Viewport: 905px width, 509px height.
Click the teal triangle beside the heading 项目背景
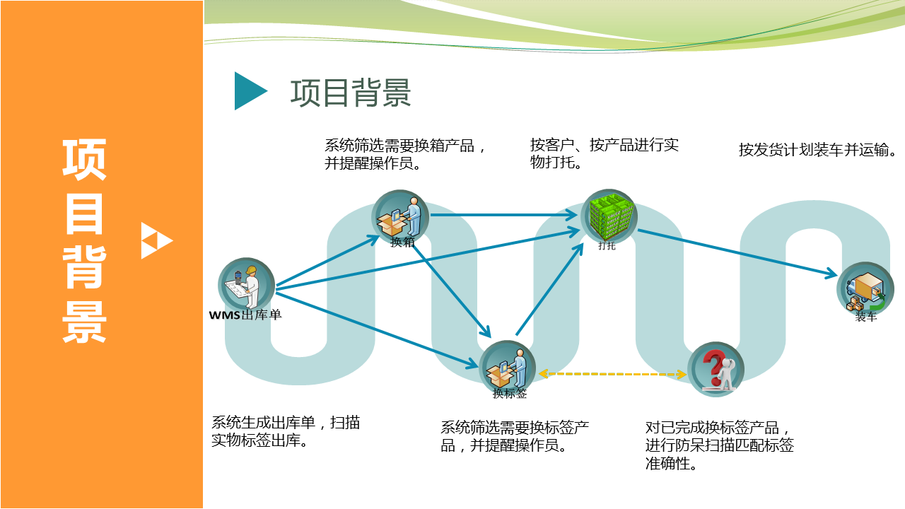coord(247,91)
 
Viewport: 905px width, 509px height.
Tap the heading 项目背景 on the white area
coord(351,93)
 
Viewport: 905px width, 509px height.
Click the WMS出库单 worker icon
coord(247,286)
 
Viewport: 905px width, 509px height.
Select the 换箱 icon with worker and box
coord(400,217)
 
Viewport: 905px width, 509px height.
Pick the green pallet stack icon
coord(609,217)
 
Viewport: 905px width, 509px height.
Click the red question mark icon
coord(716,369)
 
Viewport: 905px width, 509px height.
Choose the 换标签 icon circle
coord(508,368)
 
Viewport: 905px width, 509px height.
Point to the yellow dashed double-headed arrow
coord(612,374)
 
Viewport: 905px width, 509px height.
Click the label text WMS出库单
coord(245,315)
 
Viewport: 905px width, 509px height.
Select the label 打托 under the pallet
coord(607,245)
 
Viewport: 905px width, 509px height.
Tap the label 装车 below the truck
coord(866,317)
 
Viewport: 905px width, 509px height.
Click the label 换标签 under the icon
coord(510,394)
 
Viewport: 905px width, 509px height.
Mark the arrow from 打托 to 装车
coord(737,253)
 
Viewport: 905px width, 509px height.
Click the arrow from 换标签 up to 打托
coord(550,289)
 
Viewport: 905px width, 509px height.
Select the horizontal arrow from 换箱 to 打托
coord(504,215)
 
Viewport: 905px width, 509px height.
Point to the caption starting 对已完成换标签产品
coord(719,445)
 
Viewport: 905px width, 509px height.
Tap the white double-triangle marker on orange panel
coord(157,240)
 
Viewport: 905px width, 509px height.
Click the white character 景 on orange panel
coord(84,322)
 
